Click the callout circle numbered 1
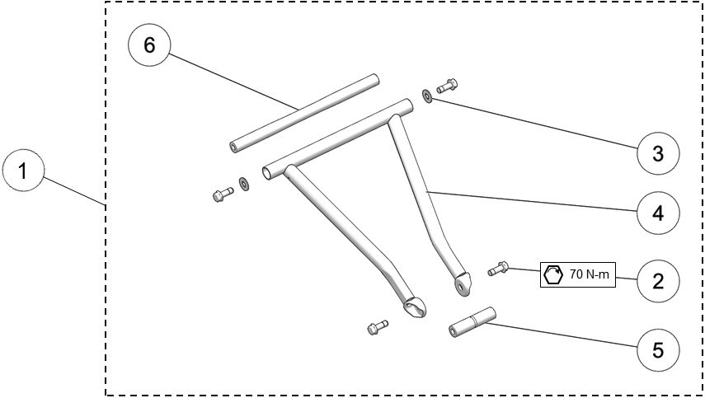tap(24, 171)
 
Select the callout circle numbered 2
tap(658, 281)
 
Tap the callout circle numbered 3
tap(658, 153)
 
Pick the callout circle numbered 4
tap(658, 213)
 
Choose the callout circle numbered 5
tap(658, 349)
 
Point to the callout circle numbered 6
tap(149, 45)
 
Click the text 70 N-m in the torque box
tap(590, 274)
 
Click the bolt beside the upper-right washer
tap(446, 85)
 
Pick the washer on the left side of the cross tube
tap(244, 182)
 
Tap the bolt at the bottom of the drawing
tap(377, 327)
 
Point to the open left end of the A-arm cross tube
tap(267, 174)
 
